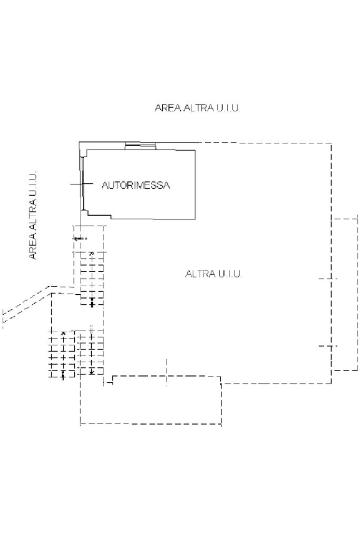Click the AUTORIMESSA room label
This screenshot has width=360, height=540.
[x=135, y=186]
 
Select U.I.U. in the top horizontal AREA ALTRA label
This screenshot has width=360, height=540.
[x=228, y=108]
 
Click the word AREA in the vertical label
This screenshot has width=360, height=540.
[x=33, y=247]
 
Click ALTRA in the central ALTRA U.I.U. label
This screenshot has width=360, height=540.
[x=200, y=274]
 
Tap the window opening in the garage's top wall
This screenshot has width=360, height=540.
[x=140, y=146]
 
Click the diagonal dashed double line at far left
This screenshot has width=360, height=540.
[x=26, y=305]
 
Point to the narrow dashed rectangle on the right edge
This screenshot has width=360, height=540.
[x=345, y=294]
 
